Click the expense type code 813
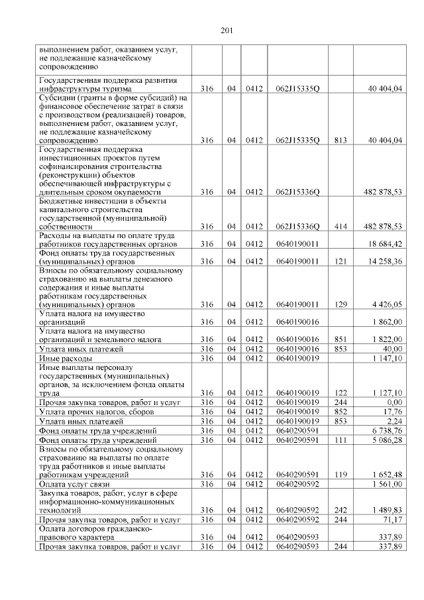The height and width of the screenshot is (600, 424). (341, 141)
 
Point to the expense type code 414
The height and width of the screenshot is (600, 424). (341, 227)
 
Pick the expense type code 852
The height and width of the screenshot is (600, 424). (341, 411)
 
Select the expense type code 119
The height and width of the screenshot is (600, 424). (341, 475)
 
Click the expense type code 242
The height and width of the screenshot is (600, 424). (341, 509)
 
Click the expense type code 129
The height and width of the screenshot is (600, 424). (341, 304)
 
